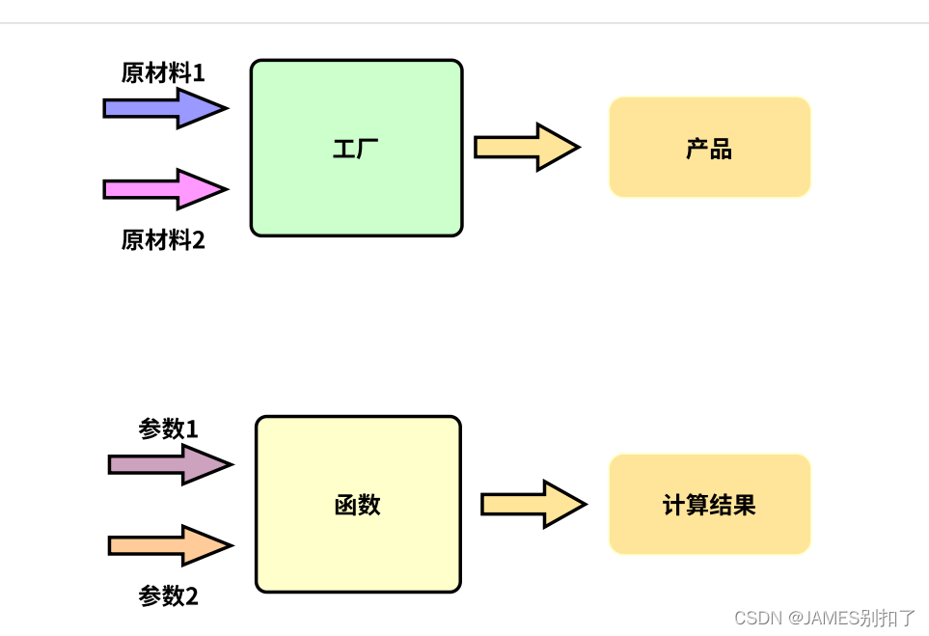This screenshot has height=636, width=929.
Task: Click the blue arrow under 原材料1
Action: click(x=164, y=108)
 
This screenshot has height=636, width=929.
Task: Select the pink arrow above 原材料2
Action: click(x=164, y=189)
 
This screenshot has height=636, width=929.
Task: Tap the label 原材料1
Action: click(x=163, y=73)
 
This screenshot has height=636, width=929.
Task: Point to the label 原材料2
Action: click(x=163, y=239)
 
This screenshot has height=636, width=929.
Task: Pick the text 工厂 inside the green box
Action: click(x=356, y=149)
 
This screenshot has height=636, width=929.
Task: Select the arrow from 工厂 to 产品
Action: click(x=526, y=147)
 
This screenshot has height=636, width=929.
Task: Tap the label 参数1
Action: click(x=169, y=429)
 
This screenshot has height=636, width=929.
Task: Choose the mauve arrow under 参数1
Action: click(x=170, y=464)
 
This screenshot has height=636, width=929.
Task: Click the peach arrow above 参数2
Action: click(x=170, y=545)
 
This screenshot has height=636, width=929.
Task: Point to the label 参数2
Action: click(x=169, y=596)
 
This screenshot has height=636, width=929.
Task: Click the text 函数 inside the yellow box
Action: click(x=357, y=505)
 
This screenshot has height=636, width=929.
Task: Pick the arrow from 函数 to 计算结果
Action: click(x=533, y=504)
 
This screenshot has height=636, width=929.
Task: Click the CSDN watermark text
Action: click(x=756, y=618)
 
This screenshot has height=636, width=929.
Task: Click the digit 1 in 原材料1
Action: click(x=199, y=73)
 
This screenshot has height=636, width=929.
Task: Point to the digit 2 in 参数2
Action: click(x=192, y=596)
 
